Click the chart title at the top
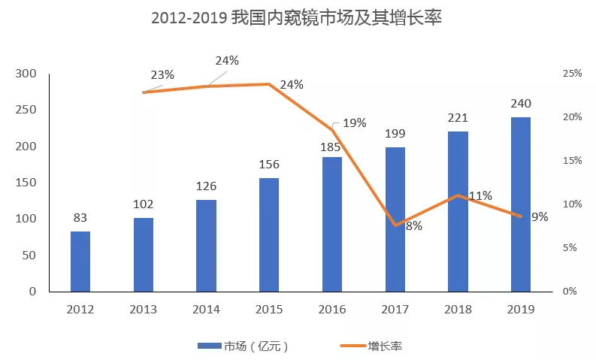pyautogui.click(x=297, y=18)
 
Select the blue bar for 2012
pyautogui.click(x=80, y=261)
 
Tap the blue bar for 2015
pyautogui.click(x=269, y=234)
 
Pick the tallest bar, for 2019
pyautogui.click(x=521, y=204)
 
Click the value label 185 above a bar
pyautogui.click(x=332, y=144)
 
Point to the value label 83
pyautogui.click(x=80, y=219)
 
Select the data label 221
pyautogui.click(x=458, y=118)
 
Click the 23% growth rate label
pyautogui.click(x=162, y=74)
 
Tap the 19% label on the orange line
pyautogui.click(x=355, y=123)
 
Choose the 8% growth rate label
pyautogui.click(x=414, y=225)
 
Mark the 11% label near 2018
pyautogui.click(x=480, y=196)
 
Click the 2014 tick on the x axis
pyautogui.click(x=206, y=309)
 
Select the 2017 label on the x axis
pyautogui.click(x=395, y=309)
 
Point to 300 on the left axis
pyautogui.click(x=26, y=74)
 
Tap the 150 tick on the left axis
pyautogui.click(x=26, y=183)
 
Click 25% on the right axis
pyautogui.click(x=572, y=74)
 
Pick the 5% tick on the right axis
pyautogui.click(x=572, y=248)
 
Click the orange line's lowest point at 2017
pyautogui.click(x=395, y=225)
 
